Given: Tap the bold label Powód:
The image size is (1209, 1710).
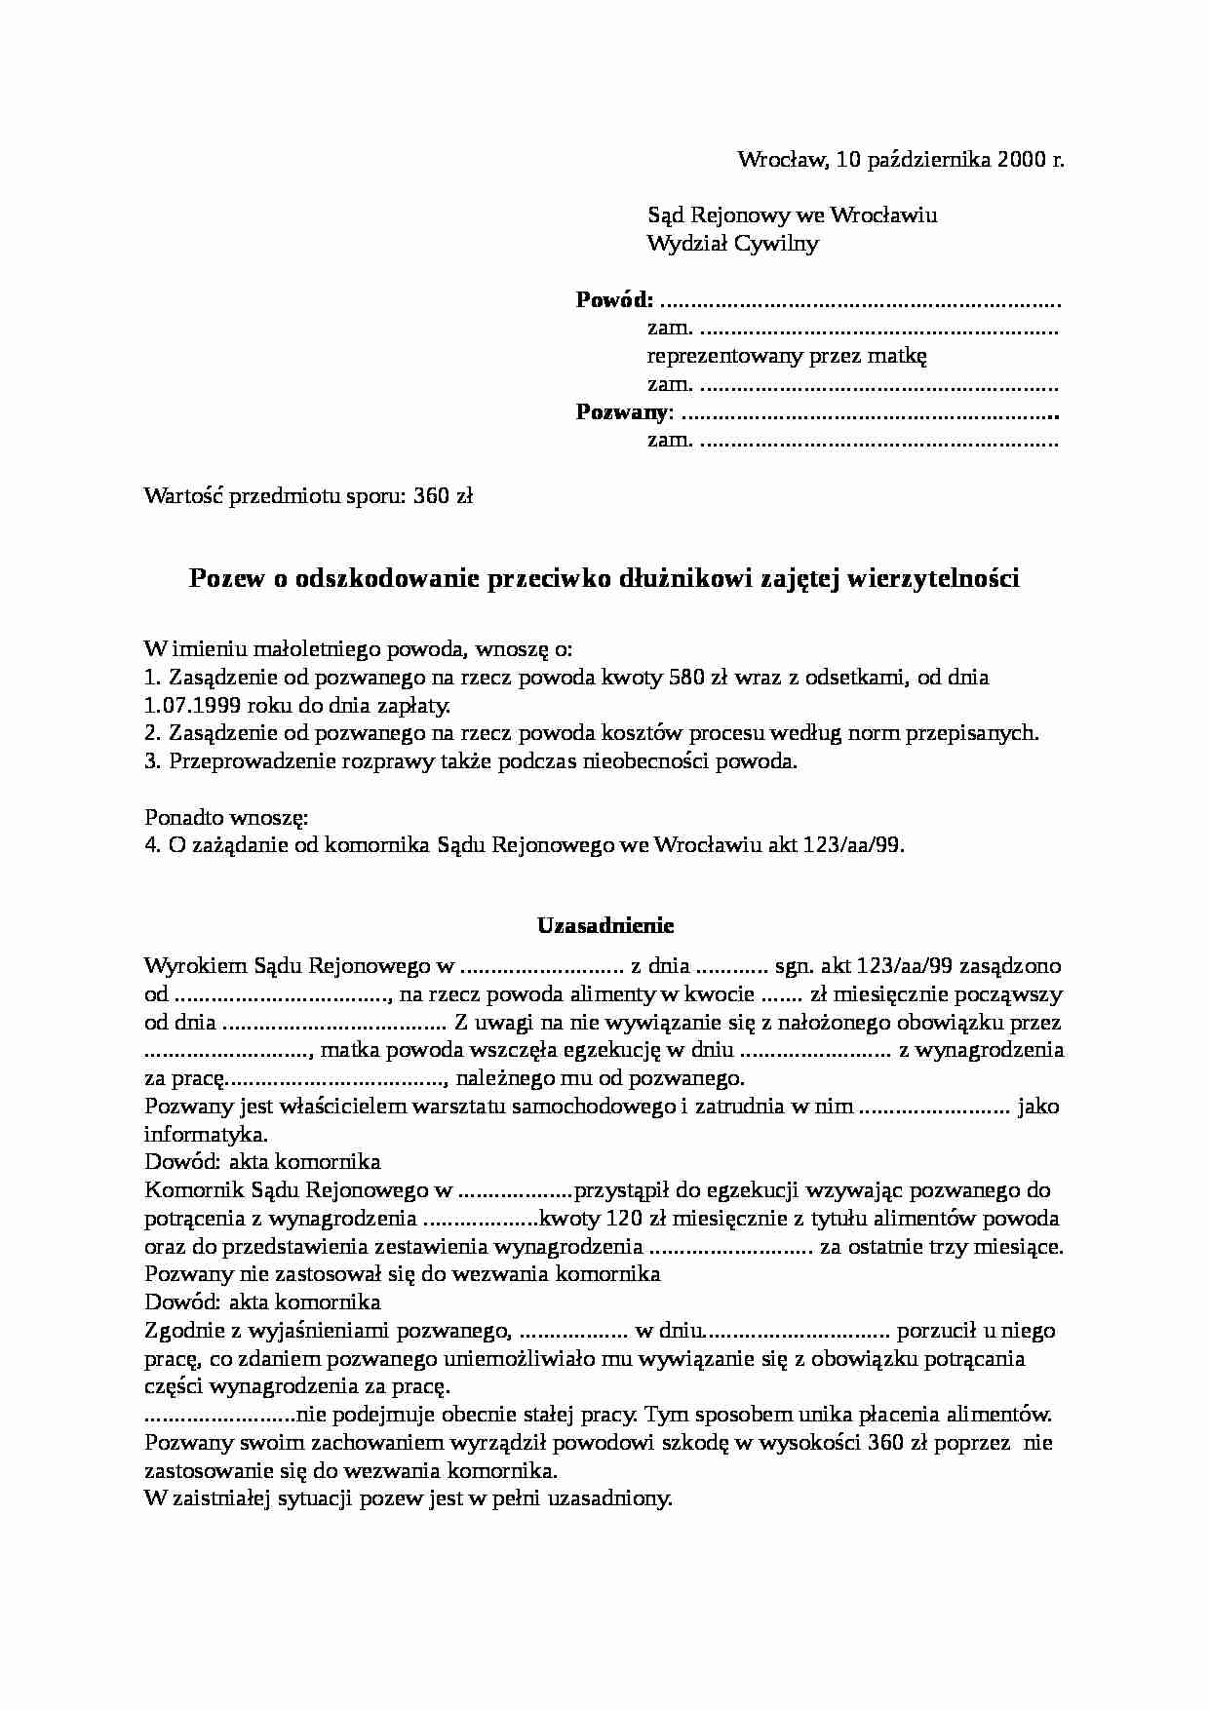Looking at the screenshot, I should tap(614, 299).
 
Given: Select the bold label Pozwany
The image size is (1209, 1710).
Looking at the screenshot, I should tap(621, 411).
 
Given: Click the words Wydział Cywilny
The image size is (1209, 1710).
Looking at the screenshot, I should tap(732, 243).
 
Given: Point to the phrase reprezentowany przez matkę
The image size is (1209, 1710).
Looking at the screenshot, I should tap(786, 356).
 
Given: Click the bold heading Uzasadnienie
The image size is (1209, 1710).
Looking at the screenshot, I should tap(605, 924).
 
